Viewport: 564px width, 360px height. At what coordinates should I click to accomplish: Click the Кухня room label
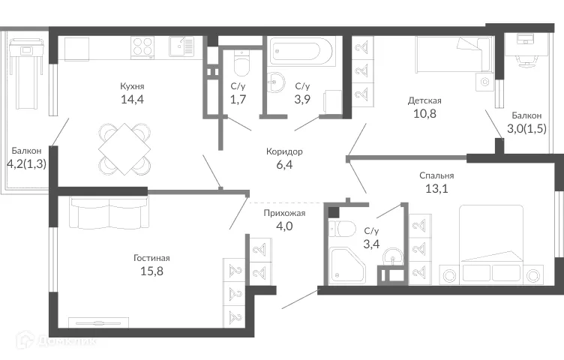point(132,85)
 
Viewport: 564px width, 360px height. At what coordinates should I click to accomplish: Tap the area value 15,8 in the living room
point(152,271)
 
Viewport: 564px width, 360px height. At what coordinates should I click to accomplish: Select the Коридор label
point(284,151)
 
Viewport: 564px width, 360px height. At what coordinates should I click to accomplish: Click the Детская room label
point(424,100)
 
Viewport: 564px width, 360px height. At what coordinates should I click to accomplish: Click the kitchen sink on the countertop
point(179,46)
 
